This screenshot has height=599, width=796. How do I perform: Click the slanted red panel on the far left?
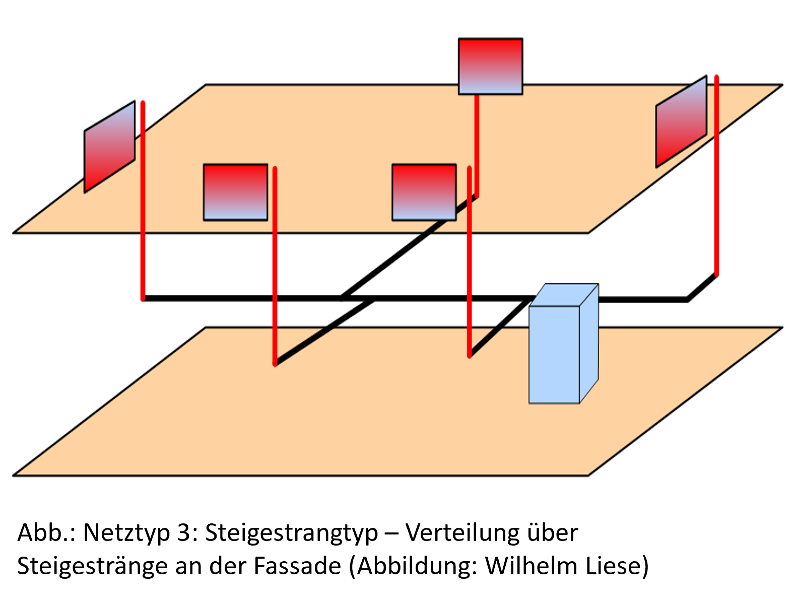coord(109,147)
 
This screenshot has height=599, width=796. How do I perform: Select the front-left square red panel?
coord(235,192)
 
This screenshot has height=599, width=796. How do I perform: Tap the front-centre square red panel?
coord(424,192)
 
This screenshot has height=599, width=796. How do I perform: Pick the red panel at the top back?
coord(490,66)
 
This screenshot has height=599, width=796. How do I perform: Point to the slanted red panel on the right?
coord(681,122)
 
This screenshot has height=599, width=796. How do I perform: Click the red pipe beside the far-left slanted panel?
coord(143,202)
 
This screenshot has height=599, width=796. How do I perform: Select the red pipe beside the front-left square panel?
coord(275,262)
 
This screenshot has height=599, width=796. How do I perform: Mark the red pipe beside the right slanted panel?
coord(716,176)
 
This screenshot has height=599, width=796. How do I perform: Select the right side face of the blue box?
coord(588,343)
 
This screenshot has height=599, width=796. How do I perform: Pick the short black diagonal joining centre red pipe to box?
coord(499,328)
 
